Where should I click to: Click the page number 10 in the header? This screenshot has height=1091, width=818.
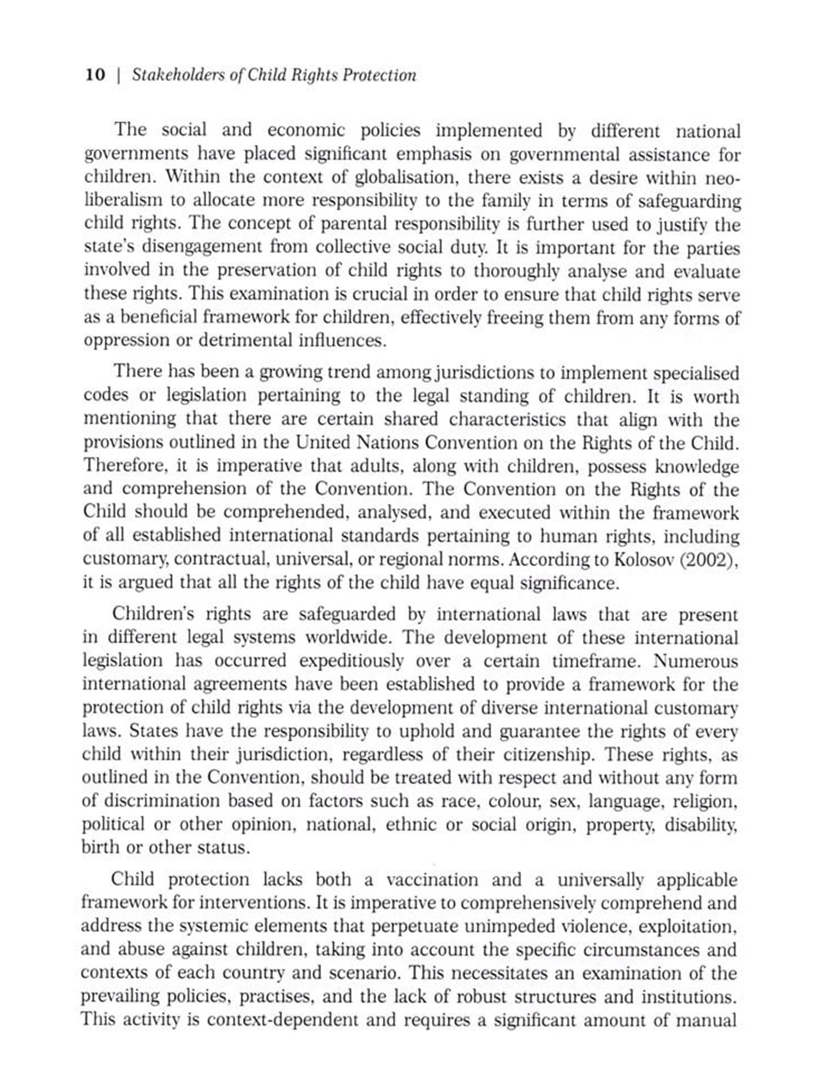tap(95, 75)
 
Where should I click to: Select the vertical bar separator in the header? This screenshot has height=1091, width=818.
tap(118, 75)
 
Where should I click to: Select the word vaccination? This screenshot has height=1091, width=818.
tap(432, 880)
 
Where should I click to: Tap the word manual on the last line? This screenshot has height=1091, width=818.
tap(706, 1020)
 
